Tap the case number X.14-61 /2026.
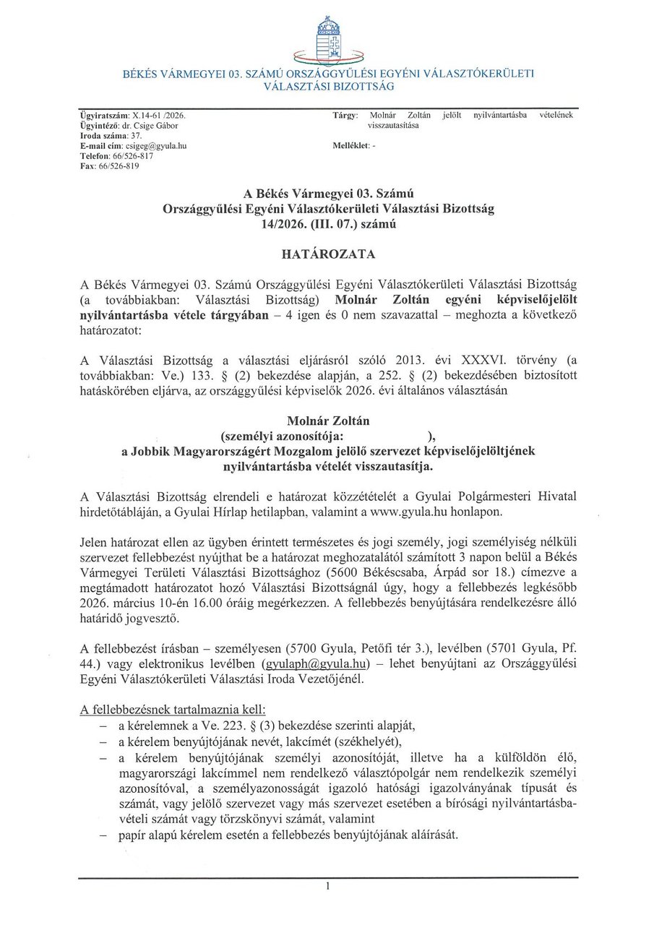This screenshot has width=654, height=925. [158, 115]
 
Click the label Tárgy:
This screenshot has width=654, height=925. [345, 115]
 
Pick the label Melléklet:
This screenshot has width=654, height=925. [350, 145]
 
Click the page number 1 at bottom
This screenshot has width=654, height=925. [327, 886]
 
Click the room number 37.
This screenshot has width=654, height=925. [136, 135]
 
